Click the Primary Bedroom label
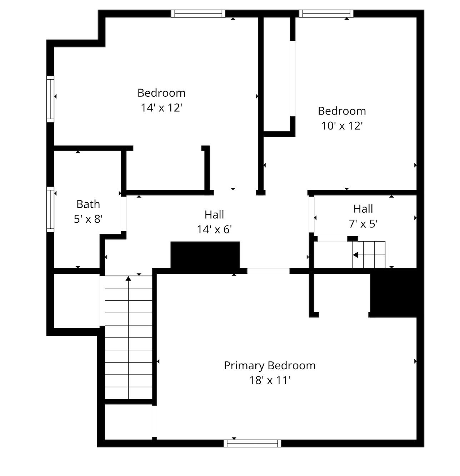pos(270,366)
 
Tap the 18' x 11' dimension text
pos(270,380)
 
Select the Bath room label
pos(88,204)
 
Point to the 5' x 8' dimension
pos(88,219)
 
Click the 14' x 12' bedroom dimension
pos(161,107)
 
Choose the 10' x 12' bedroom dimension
pos(342,126)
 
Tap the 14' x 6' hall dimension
pos(214,229)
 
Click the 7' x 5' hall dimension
pos(363,224)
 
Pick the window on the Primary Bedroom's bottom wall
pos(252,443)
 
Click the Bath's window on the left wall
pos(50,209)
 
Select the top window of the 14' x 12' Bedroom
pos(198,14)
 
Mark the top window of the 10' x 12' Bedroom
pos(326,14)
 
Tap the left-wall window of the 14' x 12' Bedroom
pos(50,99)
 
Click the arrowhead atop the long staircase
pos(128,278)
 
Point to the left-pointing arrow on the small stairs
pos(356,255)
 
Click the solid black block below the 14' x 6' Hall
pos(205,255)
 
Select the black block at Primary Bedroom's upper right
pos(394,293)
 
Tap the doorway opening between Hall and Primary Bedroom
pos(268,271)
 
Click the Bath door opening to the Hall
pos(124,214)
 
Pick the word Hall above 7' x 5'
pos(363,209)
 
